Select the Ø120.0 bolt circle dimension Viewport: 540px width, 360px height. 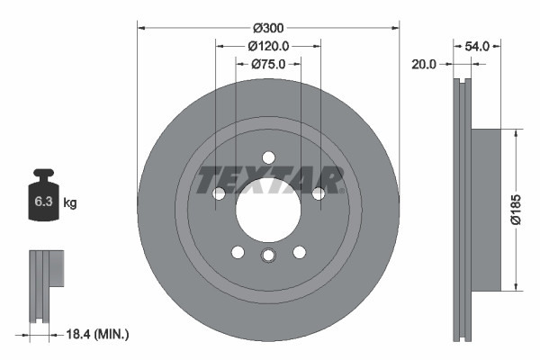(x=267, y=45)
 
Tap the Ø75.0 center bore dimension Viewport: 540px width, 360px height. (x=267, y=64)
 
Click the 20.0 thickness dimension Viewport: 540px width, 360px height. (x=424, y=64)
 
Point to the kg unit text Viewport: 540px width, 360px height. (x=70, y=203)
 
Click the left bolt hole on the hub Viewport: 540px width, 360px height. (x=218, y=193)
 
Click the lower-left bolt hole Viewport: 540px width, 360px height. (x=237, y=252)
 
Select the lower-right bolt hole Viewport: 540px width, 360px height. (x=298, y=252)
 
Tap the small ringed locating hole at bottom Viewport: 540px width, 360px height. (x=267, y=256)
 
